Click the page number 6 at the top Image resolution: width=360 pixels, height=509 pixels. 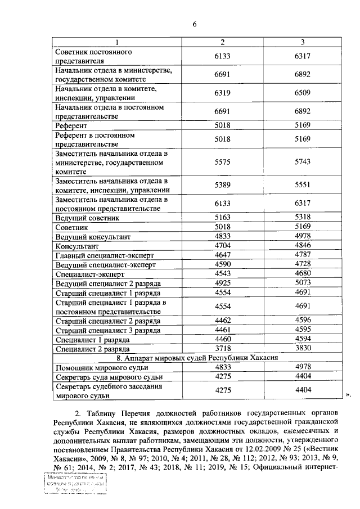pos(194,24)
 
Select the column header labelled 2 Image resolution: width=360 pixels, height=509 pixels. pos(223,43)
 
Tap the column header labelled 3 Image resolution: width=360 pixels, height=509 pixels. pos(303,43)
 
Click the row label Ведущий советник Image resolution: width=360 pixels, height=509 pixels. pos(87,218)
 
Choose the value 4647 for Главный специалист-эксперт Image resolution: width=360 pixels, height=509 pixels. pos(223,255)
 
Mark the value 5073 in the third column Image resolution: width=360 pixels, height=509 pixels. pos(303,283)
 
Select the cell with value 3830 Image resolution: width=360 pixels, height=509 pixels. pos(303,349)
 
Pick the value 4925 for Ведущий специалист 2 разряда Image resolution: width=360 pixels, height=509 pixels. pos(223,283)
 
